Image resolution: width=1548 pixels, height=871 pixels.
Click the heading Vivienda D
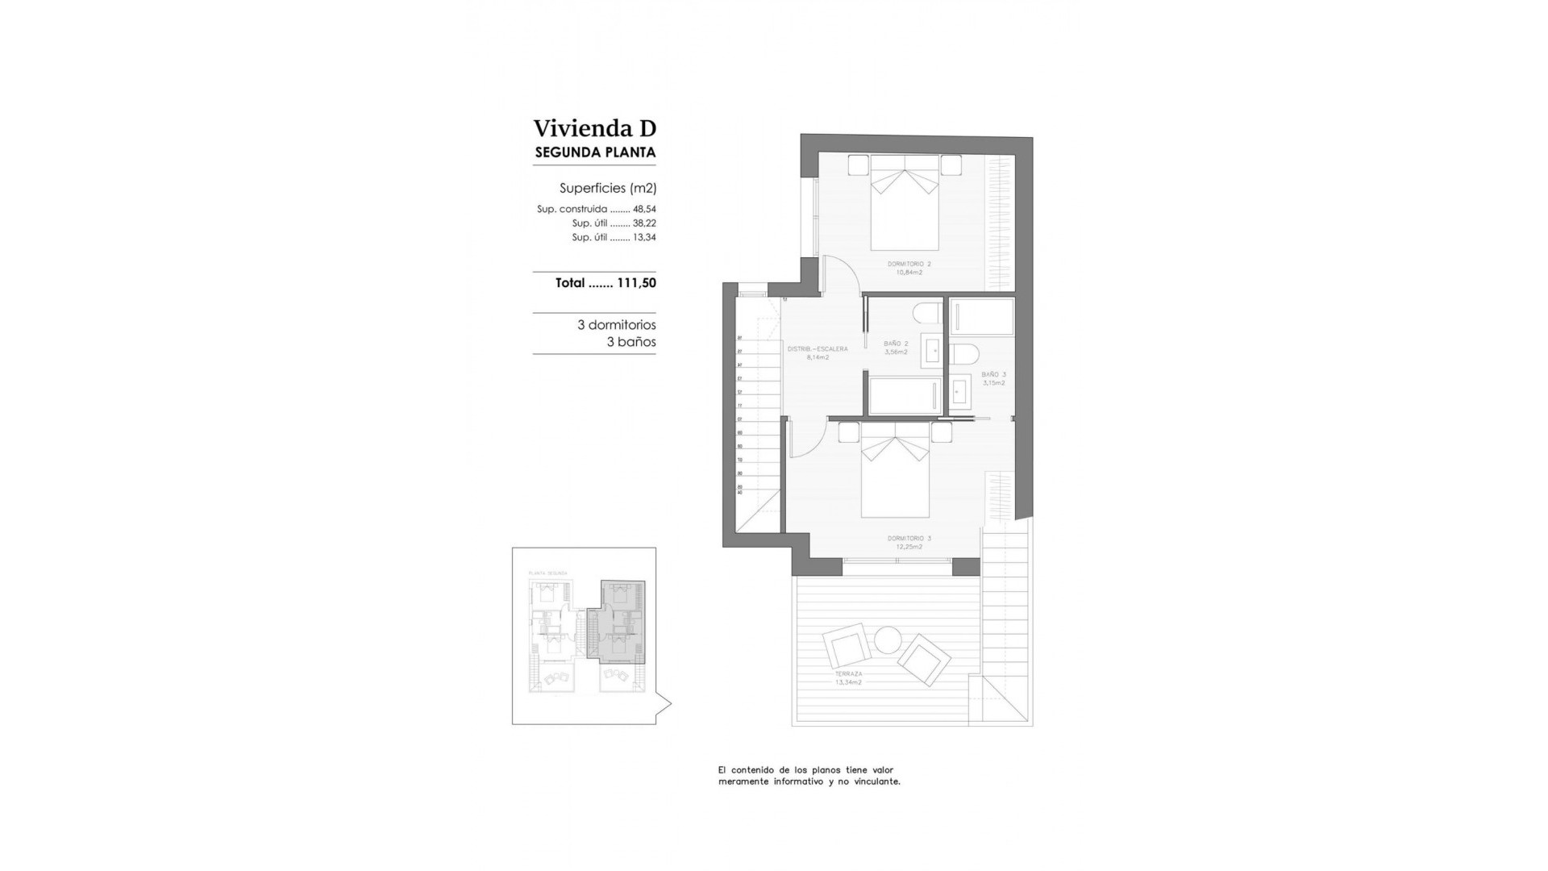point(594,128)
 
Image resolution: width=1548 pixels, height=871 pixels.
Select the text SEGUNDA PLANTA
point(595,152)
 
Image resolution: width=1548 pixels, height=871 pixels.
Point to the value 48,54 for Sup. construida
point(644,209)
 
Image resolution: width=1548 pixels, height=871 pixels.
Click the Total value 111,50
point(636,283)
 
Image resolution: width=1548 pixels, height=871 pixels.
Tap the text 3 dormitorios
point(616,325)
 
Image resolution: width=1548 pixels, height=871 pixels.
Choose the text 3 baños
point(630,342)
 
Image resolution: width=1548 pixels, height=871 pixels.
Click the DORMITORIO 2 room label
point(909,264)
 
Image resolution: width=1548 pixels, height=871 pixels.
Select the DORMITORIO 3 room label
point(909,538)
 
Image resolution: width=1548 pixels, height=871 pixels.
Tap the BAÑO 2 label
point(896,344)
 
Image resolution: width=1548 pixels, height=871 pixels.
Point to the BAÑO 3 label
point(993,374)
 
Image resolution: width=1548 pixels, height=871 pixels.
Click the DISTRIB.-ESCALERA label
point(817,349)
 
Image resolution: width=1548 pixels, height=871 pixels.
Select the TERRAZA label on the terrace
point(848,673)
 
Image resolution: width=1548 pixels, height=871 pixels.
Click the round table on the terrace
point(888,640)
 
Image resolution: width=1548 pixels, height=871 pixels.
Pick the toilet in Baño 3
point(965,354)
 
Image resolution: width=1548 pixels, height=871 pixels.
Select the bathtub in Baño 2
point(904,395)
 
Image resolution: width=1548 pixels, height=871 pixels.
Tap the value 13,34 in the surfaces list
point(644,238)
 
